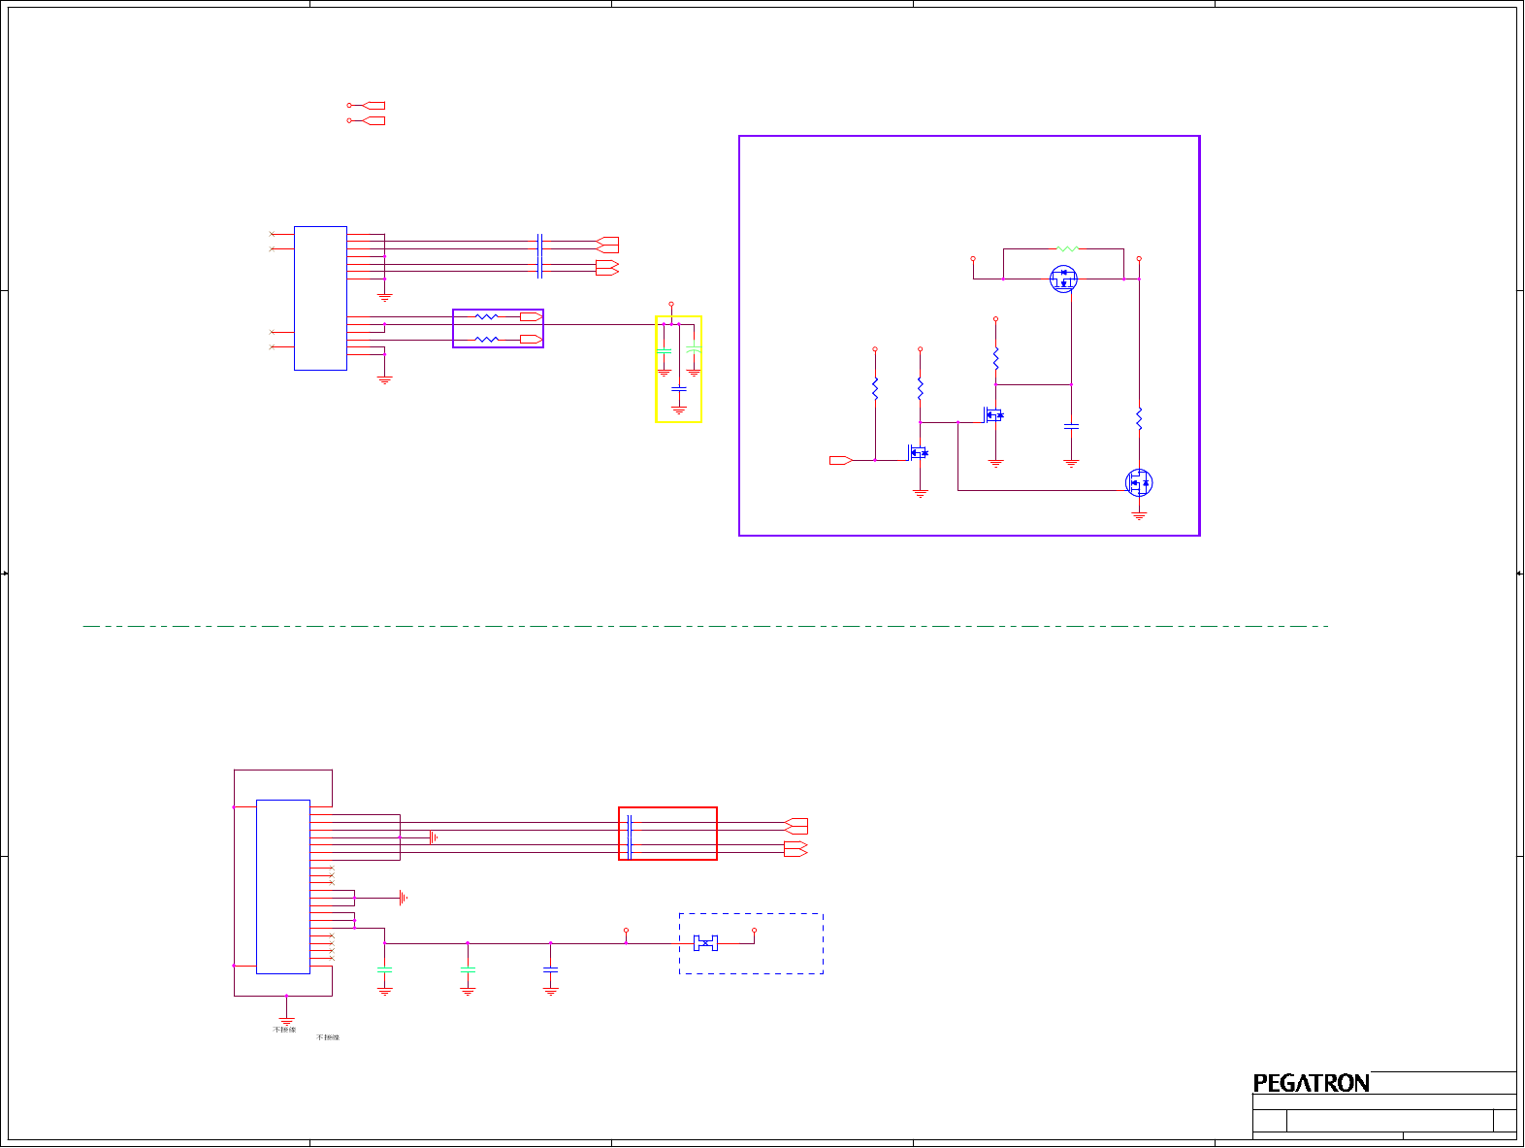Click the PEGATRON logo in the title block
1311,1083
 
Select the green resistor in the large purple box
1066,249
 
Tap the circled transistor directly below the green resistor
1063,279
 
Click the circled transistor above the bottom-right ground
1138,482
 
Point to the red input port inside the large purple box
840,460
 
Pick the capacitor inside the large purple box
1071,426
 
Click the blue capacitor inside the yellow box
679,389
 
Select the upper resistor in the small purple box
486,316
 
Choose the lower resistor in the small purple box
486,340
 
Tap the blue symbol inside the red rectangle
630,836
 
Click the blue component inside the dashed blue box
705,943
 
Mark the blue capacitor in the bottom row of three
551,969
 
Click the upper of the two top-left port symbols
367,106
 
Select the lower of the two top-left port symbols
367,120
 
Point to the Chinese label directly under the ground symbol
284,1030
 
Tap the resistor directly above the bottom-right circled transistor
1139,419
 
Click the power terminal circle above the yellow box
671,304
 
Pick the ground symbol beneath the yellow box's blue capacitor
679,410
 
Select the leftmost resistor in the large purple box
875,389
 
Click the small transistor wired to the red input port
917,452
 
